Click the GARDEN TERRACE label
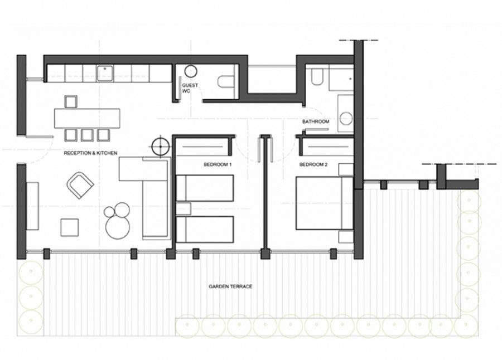pyautogui.click(x=230, y=286)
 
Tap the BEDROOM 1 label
pyautogui.click(x=218, y=165)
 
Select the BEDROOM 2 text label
pyautogui.click(x=312, y=165)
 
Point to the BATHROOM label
pyautogui.click(x=316, y=121)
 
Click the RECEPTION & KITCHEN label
pyautogui.click(x=90, y=152)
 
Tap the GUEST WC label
pyautogui.click(x=187, y=89)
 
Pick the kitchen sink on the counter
pyautogui.click(x=105, y=72)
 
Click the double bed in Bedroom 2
pyautogui.click(x=324, y=202)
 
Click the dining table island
pyautogui.click(x=87, y=118)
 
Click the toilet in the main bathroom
pyautogui.click(x=316, y=77)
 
